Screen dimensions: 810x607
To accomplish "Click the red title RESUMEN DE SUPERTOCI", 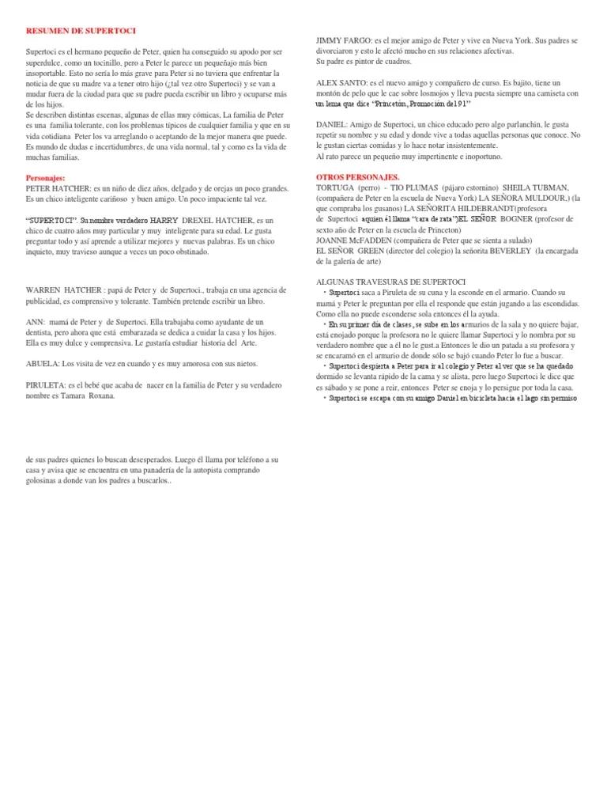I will (x=81, y=31).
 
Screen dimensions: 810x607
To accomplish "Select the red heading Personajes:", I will (x=45, y=179).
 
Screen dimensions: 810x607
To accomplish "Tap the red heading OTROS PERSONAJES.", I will (x=357, y=177).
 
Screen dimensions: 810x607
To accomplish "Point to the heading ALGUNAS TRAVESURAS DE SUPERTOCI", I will (x=390, y=282).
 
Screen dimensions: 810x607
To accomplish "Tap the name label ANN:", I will (x=36, y=322).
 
